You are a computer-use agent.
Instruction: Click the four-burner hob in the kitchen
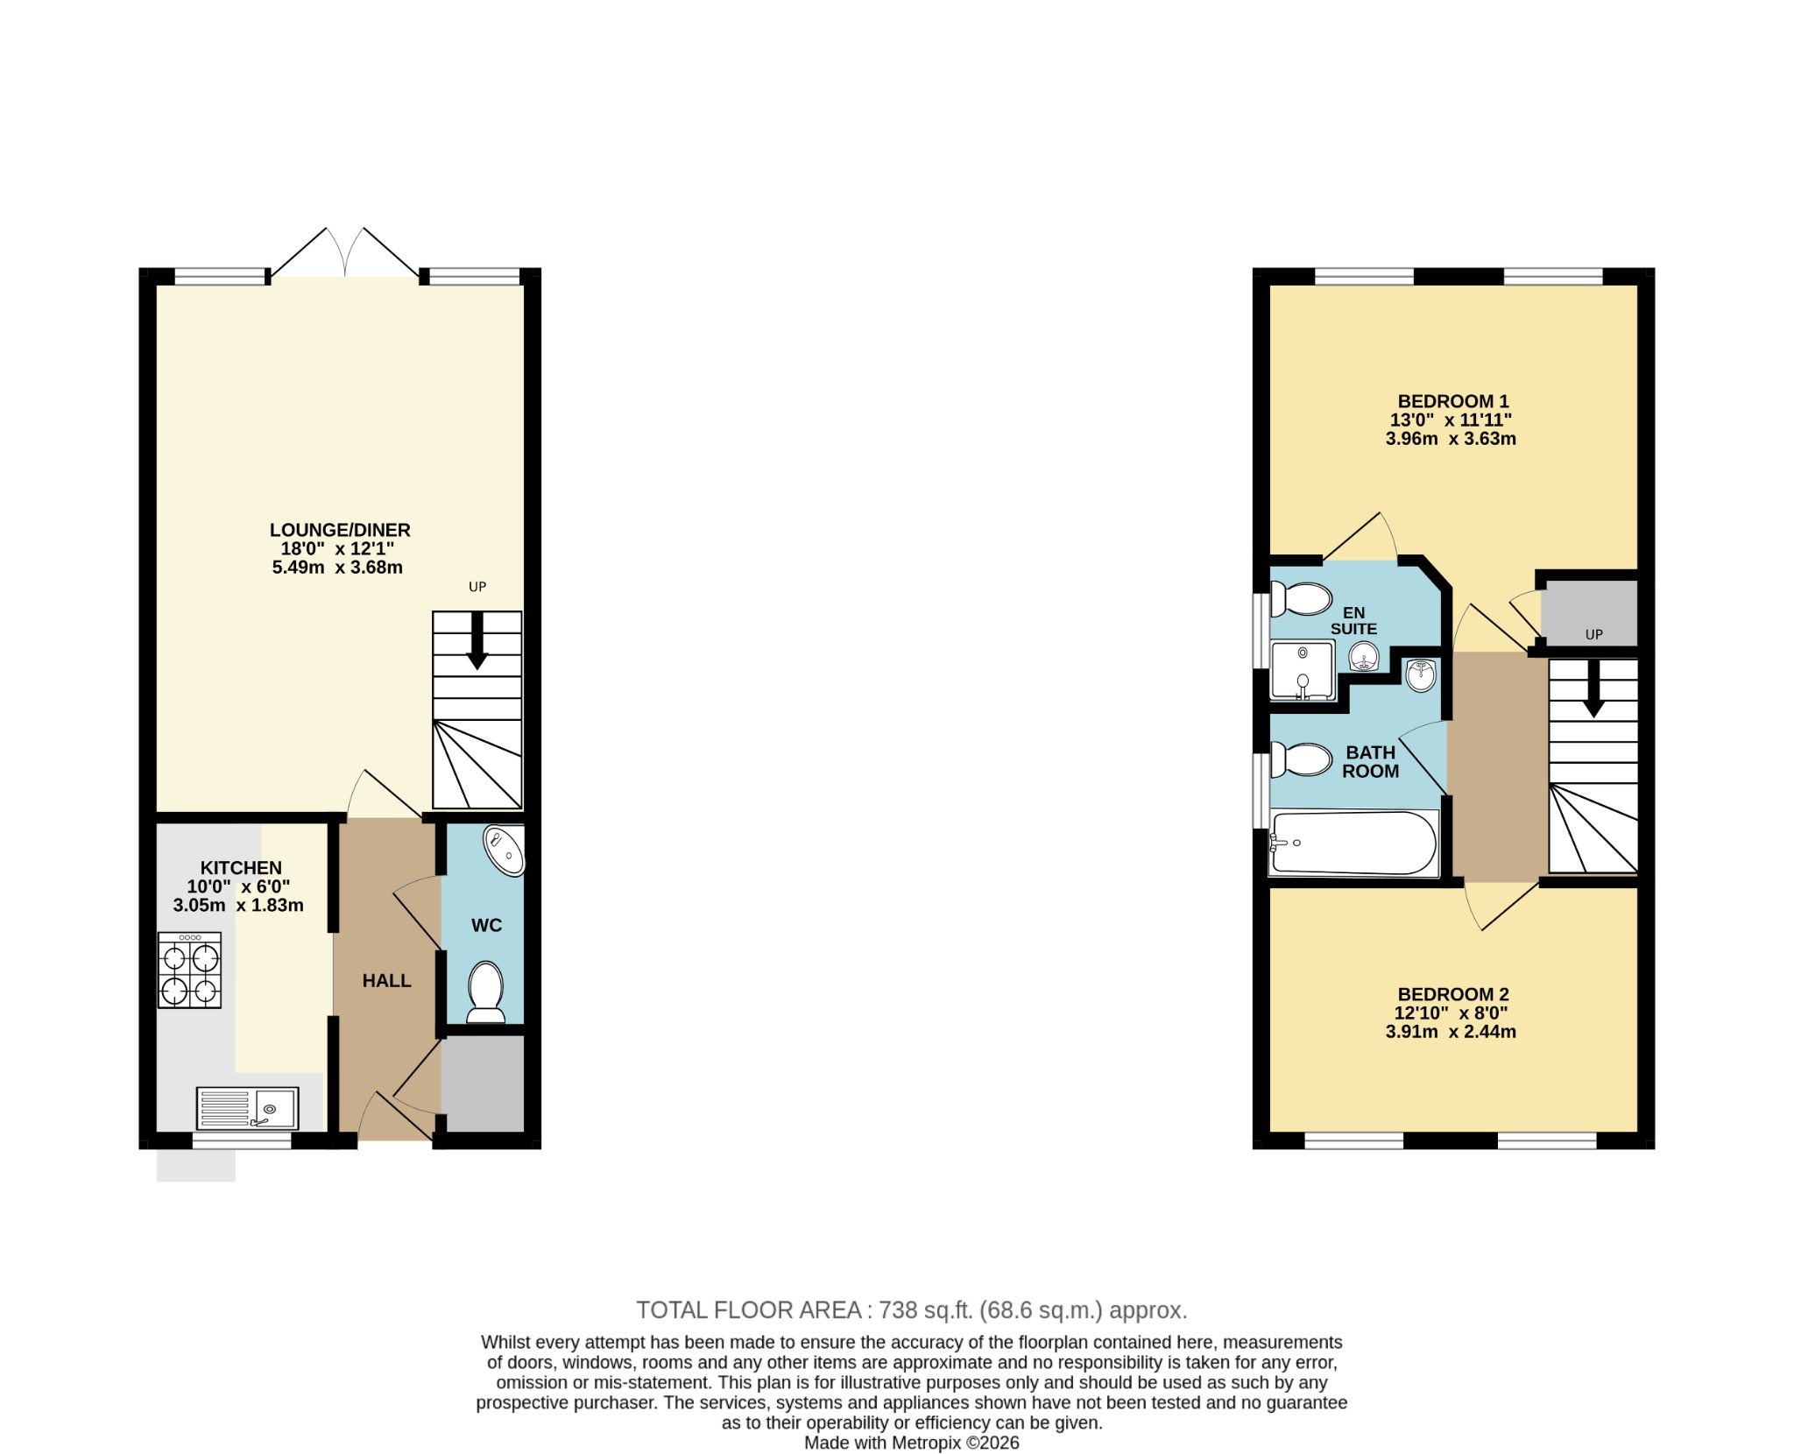(189, 970)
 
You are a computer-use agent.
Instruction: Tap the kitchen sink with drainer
(247, 1108)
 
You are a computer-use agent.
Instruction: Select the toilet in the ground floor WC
(485, 992)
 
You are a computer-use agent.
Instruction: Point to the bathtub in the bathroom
(1353, 843)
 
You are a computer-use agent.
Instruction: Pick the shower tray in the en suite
(1303, 671)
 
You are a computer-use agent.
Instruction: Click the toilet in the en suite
(1301, 599)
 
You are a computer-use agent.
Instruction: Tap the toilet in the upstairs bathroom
(1301, 759)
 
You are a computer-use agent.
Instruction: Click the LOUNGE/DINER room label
(340, 530)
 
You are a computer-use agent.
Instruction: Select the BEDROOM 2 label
(1453, 994)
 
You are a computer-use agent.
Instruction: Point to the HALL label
(387, 981)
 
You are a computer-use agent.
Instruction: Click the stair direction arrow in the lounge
(477, 641)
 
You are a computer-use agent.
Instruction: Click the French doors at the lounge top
(345, 252)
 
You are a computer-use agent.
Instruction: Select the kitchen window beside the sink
(242, 1140)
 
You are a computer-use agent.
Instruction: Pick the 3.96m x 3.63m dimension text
(1451, 439)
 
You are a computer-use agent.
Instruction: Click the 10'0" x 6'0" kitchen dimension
(238, 886)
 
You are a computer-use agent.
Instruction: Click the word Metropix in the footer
(927, 1443)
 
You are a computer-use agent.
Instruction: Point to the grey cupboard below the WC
(483, 1083)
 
